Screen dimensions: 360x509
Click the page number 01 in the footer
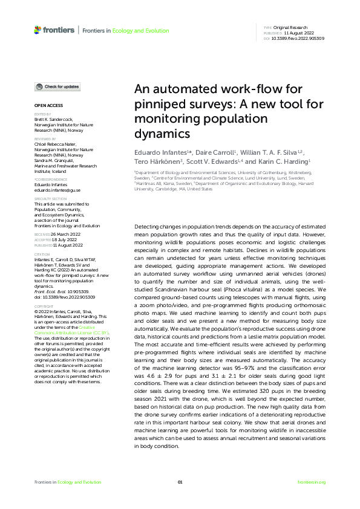point(180,482)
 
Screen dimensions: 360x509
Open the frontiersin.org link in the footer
point(312,482)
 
